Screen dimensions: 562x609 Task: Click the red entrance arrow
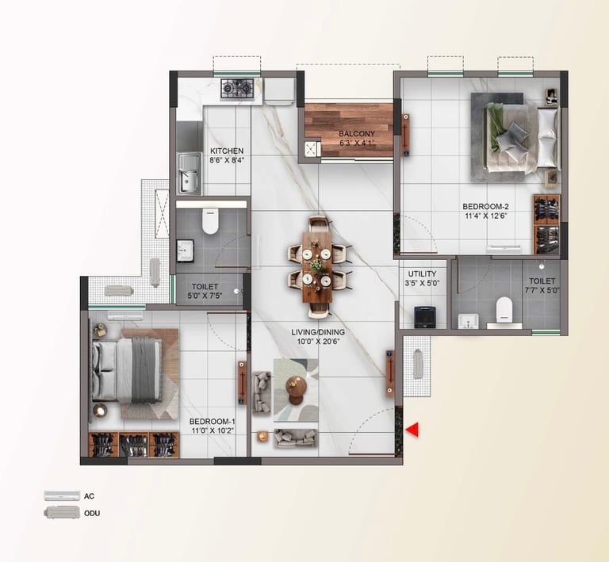tap(412, 430)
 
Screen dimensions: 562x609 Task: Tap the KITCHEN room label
tap(227, 151)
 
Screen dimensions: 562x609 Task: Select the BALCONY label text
tap(351, 133)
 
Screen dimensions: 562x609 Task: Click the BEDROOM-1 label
tap(213, 422)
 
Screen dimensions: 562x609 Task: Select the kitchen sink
tap(188, 173)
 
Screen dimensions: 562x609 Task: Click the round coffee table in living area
tap(295, 387)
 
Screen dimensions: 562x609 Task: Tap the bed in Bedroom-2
tap(519, 132)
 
